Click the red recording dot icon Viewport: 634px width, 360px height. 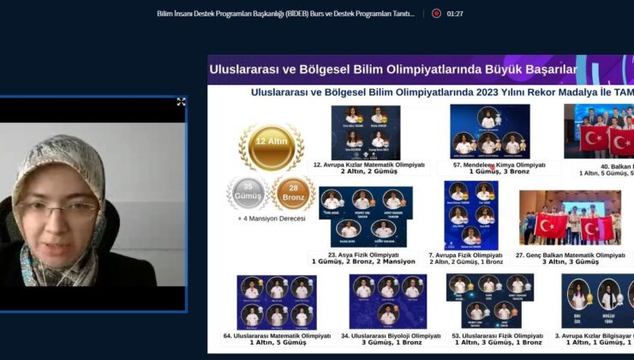[x=436, y=14]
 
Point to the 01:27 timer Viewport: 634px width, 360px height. [x=455, y=14]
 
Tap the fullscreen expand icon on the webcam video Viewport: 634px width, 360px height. [x=181, y=102]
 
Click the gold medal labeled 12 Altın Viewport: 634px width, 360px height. [x=270, y=146]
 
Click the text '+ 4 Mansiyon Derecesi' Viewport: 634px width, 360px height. [x=271, y=219]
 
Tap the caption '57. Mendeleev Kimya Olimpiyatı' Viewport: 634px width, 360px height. [x=493, y=164]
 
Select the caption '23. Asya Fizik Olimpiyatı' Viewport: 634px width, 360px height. [x=363, y=255]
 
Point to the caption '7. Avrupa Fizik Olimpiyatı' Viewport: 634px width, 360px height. [x=465, y=255]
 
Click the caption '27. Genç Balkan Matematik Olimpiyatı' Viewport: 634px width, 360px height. [x=571, y=255]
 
